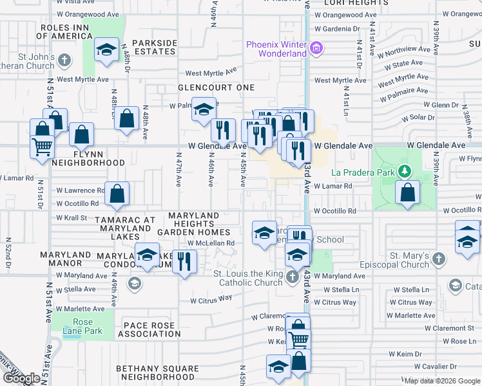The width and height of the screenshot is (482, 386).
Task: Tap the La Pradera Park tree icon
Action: [404, 172]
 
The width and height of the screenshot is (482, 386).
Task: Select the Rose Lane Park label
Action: [83, 327]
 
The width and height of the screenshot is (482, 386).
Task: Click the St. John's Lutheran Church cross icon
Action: [64, 60]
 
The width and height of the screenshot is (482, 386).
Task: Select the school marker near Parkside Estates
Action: [106, 50]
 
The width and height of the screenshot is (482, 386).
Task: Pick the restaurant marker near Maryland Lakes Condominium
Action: [185, 261]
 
